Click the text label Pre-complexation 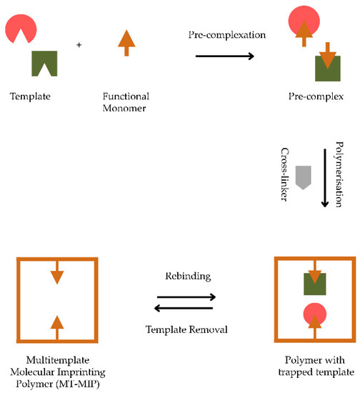tap(217, 35)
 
